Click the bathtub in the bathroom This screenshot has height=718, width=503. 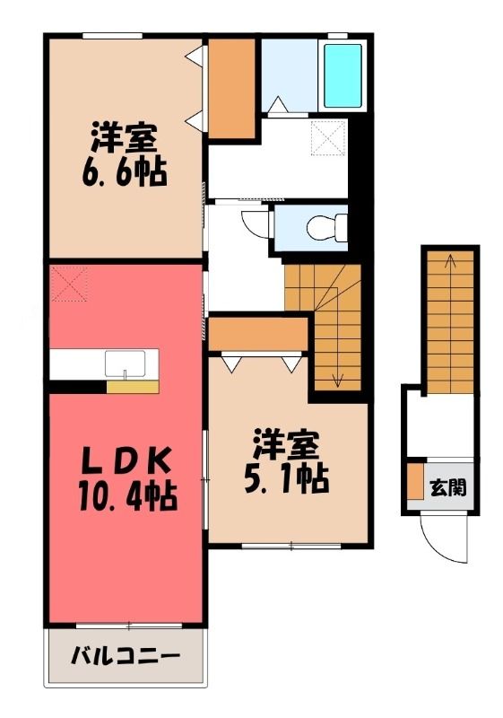coord(343,76)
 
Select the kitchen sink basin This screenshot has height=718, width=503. coord(126,363)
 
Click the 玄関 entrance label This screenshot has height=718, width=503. coord(448,488)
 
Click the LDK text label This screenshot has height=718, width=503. coord(126,460)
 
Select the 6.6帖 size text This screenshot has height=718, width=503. coord(124,172)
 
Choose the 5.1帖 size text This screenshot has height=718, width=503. coord(287,478)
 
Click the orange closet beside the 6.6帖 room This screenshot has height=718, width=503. coord(231,88)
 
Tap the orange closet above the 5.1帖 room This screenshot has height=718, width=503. coord(257,334)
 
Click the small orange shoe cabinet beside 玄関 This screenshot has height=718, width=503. coord(415,481)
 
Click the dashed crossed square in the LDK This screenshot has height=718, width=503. coord(69,284)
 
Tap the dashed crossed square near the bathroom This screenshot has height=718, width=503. coord(329,137)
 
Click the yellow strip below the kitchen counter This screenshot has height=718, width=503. coord(133,387)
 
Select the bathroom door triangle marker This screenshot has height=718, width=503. coord(278,105)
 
